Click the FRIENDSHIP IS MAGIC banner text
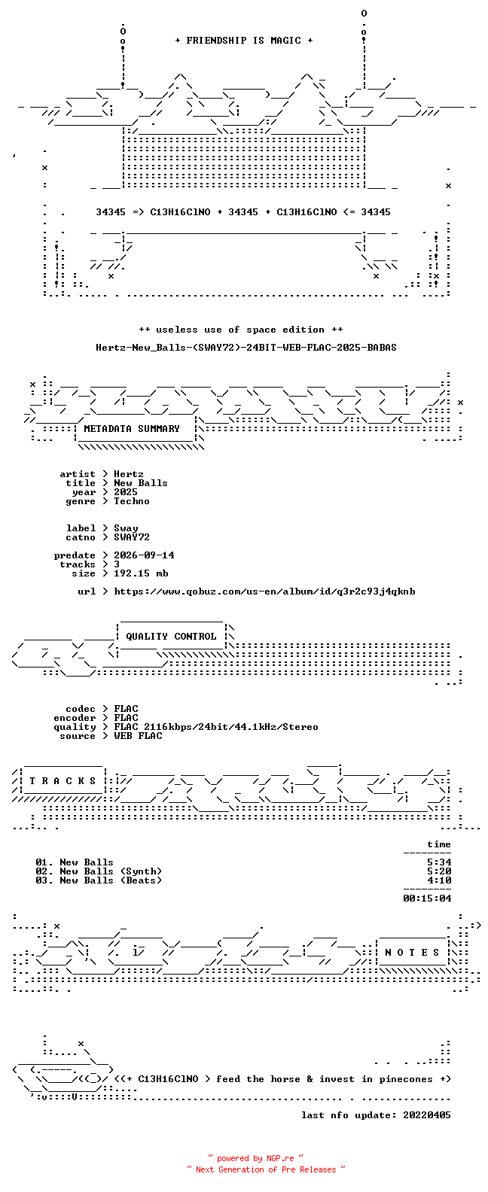[244, 41]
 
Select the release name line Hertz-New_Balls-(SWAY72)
[246, 348]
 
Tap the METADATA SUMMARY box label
[132, 429]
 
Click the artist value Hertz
[128, 474]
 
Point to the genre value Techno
[132, 501]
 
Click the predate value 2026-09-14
[144, 555]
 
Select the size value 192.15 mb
[141, 573]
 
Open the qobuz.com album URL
[264, 591]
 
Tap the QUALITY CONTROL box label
[171, 637]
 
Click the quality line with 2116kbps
[216, 727]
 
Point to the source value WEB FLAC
[138, 736]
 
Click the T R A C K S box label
[63, 781]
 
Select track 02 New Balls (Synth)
[99, 871]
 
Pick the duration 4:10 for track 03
[439, 880]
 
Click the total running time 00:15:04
[427, 899]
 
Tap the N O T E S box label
[412, 953]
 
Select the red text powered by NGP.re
[255, 1158]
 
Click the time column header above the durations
[439, 844]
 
